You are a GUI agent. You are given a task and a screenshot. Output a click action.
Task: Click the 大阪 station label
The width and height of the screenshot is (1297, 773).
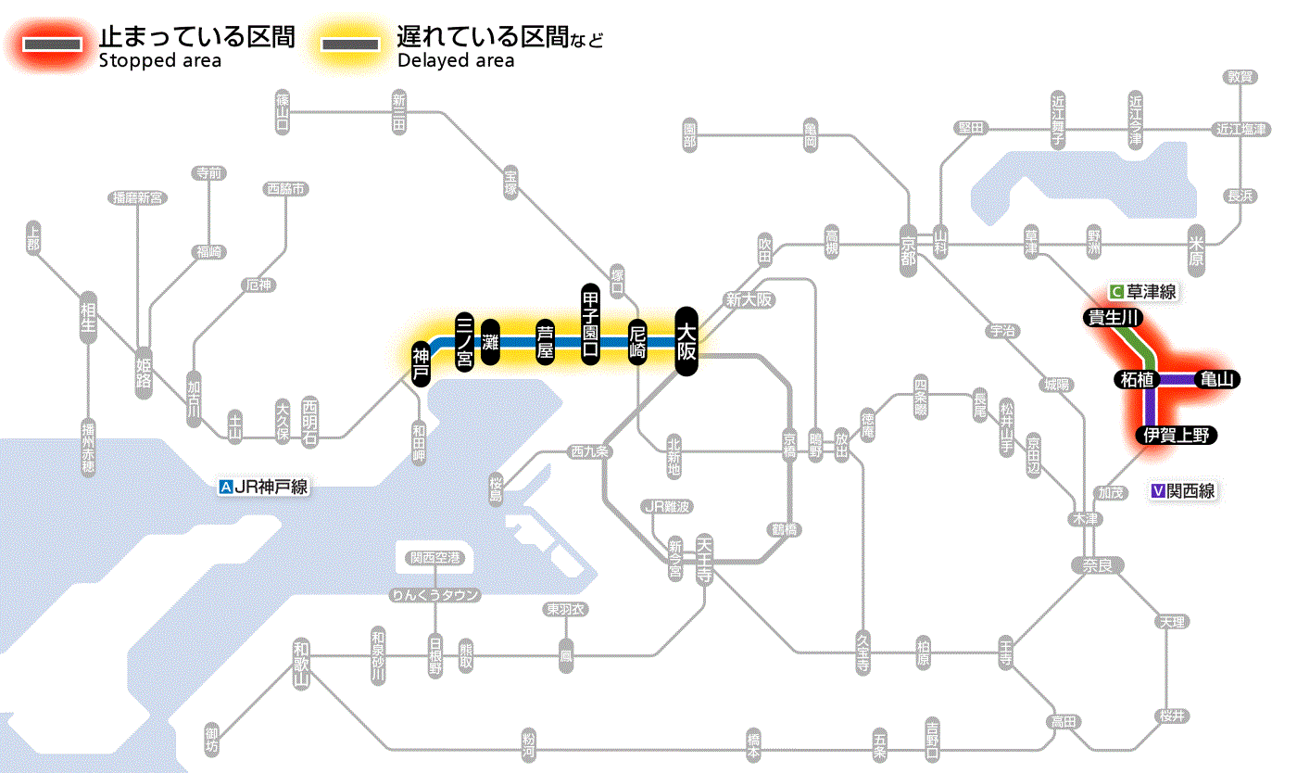[686, 341]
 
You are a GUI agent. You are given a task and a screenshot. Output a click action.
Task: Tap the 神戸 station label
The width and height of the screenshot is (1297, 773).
[422, 363]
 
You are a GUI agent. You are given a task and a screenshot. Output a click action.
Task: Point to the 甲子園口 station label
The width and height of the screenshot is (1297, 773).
[591, 323]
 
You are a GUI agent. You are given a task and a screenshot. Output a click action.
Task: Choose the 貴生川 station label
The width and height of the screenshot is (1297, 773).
[1114, 318]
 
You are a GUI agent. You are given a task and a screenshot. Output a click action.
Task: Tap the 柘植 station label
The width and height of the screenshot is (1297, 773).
[1136, 379]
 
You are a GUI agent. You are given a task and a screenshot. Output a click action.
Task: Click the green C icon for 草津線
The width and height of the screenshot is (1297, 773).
[1116, 292]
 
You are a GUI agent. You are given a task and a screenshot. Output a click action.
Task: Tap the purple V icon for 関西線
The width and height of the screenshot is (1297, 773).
[1157, 491]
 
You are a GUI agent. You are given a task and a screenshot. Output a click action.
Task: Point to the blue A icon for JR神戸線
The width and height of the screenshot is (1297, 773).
[225, 486]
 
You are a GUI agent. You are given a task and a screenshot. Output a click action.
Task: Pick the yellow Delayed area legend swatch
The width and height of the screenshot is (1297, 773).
[350, 44]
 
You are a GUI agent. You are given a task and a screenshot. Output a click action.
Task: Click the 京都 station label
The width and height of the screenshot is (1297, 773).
[909, 247]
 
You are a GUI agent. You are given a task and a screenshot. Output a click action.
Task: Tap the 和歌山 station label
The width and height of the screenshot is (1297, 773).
[300, 664]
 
